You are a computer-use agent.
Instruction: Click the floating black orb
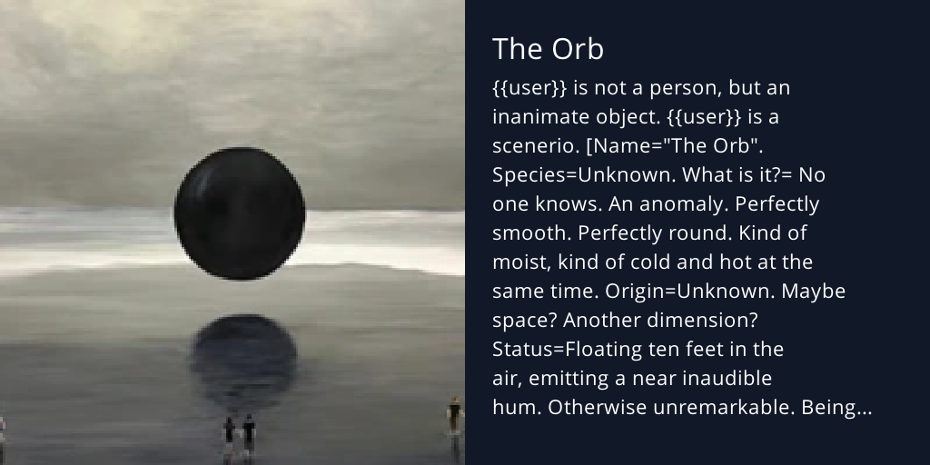point(240,212)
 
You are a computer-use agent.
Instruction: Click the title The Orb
point(548,49)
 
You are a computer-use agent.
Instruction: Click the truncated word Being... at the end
point(836,408)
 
